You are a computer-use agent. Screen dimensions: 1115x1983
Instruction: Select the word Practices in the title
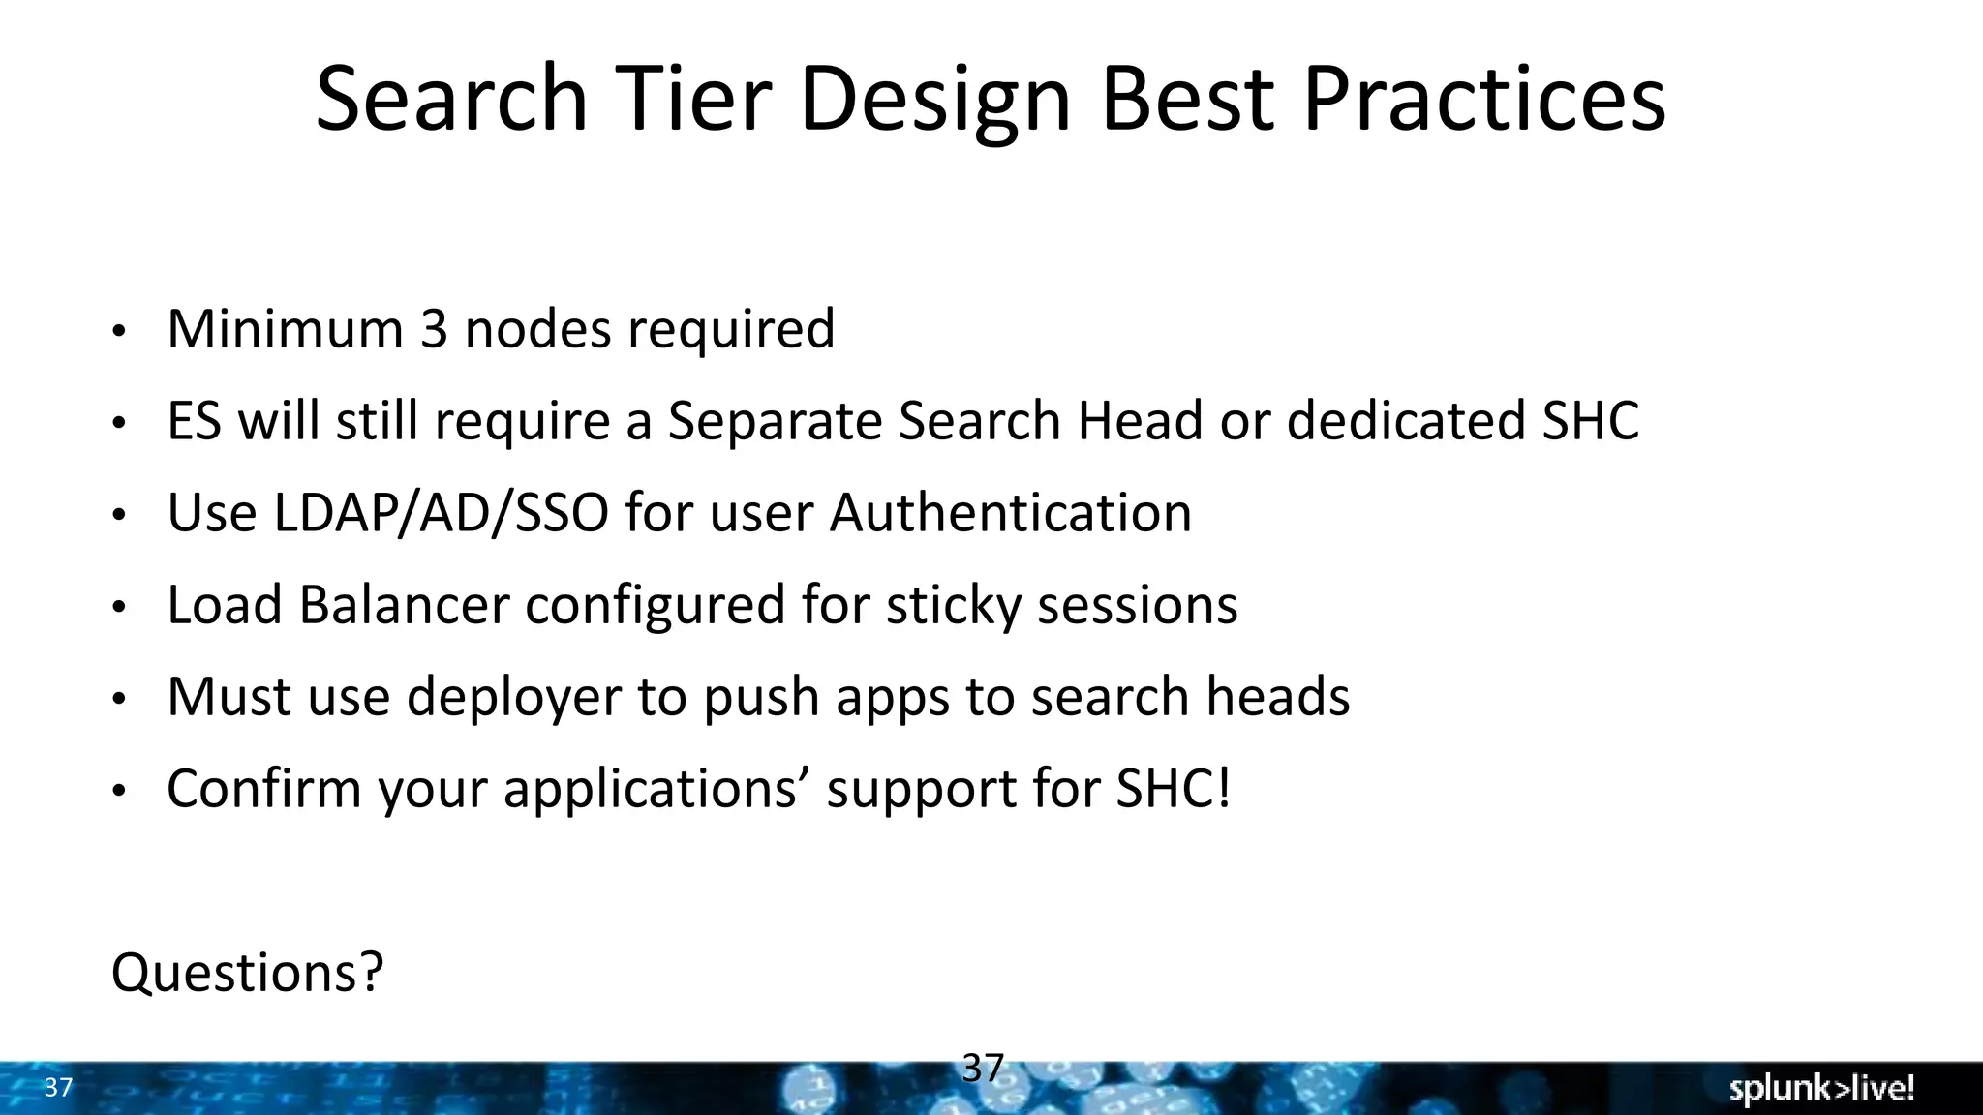pyautogui.click(x=1483, y=99)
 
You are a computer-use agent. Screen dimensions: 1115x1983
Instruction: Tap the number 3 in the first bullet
pyautogui.click(x=434, y=329)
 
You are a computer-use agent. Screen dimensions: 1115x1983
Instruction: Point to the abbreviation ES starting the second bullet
pyautogui.click(x=194, y=421)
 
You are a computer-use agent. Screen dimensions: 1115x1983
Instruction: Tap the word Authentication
pyautogui.click(x=1010, y=513)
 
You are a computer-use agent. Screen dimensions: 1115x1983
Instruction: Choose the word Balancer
pyautogui.click(x=404, y=605)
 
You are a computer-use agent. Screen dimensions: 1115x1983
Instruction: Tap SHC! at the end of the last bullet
pyautogui.click(x=1174, y=789)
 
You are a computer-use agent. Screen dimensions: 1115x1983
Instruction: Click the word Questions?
pyautogui.click(x=248, y=973)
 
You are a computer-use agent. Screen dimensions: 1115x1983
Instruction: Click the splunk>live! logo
pyautogui.click(x=1821, y=1089)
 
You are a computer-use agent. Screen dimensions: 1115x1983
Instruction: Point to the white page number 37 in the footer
pyautogui.click(x=58, y=1088)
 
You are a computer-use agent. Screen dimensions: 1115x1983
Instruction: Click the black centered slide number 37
pyautogui.click(x=983, y=1069)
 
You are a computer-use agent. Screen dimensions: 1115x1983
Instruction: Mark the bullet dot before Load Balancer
pyautogui.click(x=118, y=609)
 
